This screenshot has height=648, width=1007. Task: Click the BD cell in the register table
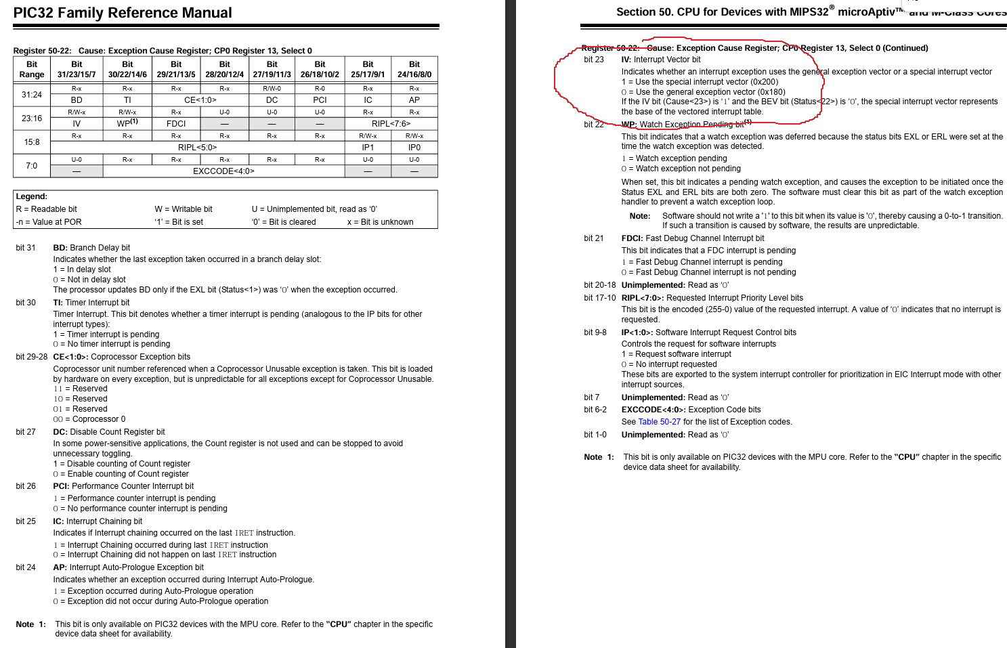tap(77, 100)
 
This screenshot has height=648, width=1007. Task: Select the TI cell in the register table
tap(127, 100)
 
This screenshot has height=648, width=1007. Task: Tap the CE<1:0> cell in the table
tap(200, 100)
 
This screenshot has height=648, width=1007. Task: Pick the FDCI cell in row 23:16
tap(176, 124)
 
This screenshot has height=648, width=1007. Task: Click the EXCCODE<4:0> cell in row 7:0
tap(223, 171)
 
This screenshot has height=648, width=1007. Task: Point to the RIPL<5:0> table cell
tap(198, 147)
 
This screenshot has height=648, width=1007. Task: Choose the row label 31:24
tap(32, 95)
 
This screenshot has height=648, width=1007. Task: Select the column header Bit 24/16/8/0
tap(414, 69)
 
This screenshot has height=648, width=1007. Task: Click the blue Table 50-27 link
tap(660, 422)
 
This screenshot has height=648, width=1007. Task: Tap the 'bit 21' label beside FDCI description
tap(594, 238)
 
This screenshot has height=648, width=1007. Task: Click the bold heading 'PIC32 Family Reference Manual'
tap(123, 13)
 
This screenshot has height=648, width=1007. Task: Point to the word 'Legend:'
tap(32, 196)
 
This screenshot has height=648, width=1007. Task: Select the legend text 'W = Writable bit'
tap(184, 209)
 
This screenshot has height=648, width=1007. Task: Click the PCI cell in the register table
tap(320, 100)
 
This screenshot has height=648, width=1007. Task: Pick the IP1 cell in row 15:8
tap(368, 147)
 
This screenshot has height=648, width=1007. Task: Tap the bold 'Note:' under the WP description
tap(640, 216)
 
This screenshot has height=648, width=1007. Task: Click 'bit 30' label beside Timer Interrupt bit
tap(26, 303)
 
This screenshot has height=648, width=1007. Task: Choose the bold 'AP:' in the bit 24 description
tap(60, 567)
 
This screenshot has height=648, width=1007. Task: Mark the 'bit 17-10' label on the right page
tap(600, 298)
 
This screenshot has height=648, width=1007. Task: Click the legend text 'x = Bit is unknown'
tap(380, 222)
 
